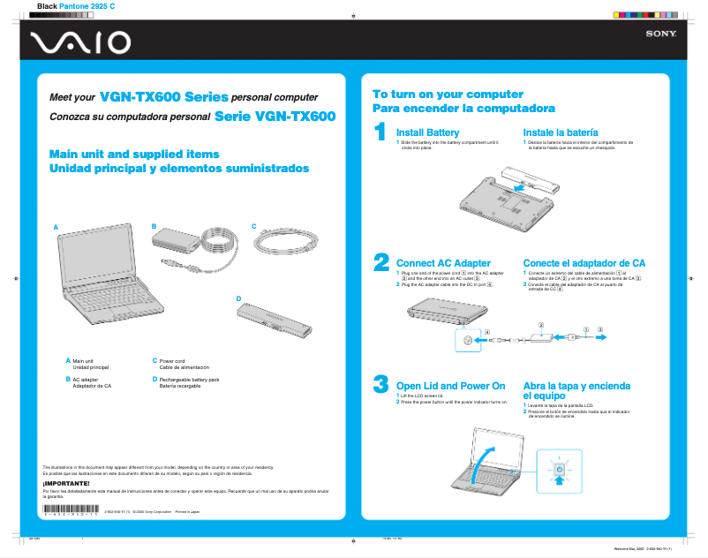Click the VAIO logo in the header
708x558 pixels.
[80, 42]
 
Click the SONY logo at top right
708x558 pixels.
[660, 34]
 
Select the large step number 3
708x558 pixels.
[381, 384]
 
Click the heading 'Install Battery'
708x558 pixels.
[427, 132]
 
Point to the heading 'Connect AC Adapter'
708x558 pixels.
[443, 263]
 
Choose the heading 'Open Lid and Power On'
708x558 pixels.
[450, 386]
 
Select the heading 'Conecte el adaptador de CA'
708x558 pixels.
[584, 263]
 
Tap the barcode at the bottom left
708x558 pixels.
[72, 509]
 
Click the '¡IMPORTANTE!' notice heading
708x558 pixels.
[66, 483]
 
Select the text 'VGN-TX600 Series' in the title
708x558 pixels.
[164, 96]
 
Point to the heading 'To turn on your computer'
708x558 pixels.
[448, 94]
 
